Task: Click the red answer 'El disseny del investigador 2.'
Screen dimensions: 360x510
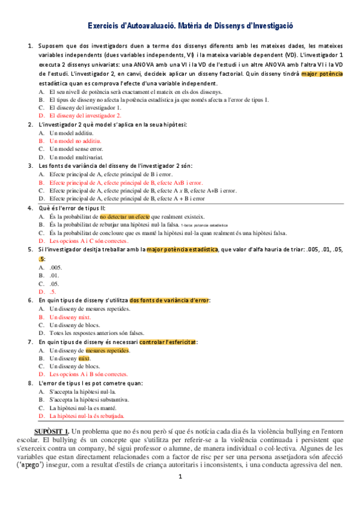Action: coord(85,115)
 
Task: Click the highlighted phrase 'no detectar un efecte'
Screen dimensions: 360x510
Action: coord(125,215)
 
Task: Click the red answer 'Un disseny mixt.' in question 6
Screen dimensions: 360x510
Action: coord(70,316)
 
